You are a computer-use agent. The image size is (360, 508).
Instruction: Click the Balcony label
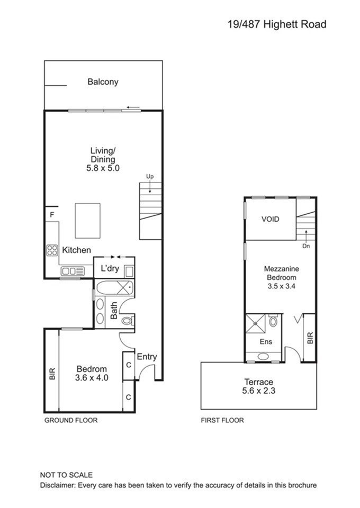click(103, 82)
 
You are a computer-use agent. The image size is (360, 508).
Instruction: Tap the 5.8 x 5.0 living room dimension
click(103, 168)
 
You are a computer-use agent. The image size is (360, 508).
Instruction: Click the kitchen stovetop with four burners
click(52, 250)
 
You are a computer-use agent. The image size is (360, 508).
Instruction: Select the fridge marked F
click(52, 214)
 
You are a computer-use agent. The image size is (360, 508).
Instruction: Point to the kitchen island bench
click(87, 221)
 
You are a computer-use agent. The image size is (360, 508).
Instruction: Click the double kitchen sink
click(73, 271)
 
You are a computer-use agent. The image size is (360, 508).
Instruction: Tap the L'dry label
click(110, 268)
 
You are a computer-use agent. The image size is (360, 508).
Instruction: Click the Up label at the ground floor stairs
click(150, 177)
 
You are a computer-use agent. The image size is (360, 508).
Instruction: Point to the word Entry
click(147, 357)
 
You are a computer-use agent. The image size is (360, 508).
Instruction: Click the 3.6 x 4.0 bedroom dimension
click(92, 378)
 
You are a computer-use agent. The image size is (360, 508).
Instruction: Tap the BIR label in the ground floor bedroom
click(52, 374)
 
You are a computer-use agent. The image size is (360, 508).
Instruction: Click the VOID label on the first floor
click(270, 219)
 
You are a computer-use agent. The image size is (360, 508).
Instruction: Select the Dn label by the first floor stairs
click(306, 246)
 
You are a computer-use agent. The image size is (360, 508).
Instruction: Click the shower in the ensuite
click(256, 323)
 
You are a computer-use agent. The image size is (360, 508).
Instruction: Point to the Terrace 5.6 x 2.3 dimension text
click(258, 391)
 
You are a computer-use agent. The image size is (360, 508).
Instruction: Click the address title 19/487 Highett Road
click(277, 24)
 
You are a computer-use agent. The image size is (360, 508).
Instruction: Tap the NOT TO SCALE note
click(66, 475)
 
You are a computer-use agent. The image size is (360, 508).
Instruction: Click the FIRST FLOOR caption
click(222, 421)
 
